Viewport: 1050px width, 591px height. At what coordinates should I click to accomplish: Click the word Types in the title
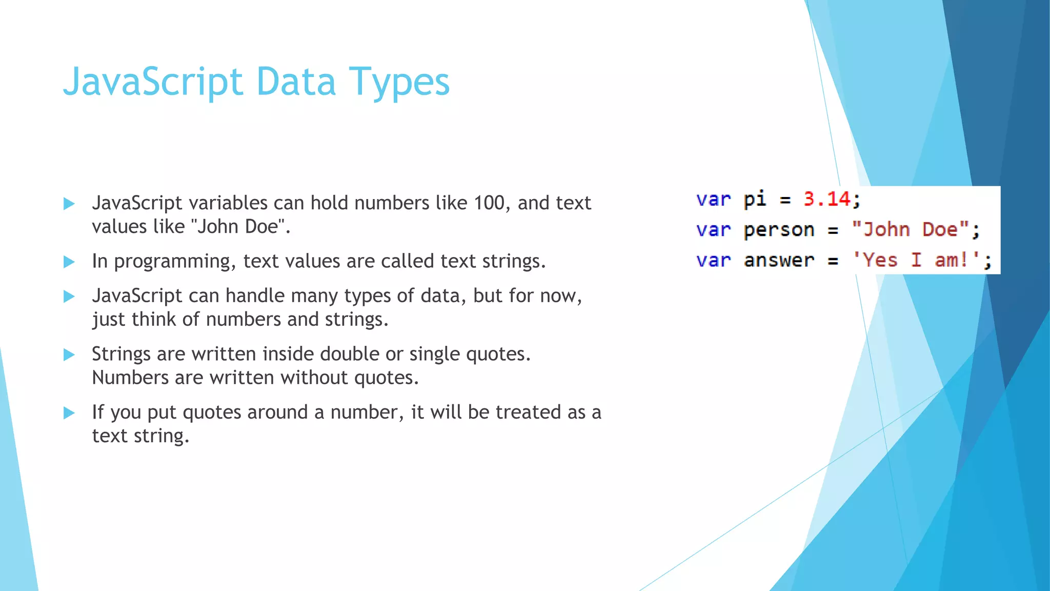click(x=399, y=82)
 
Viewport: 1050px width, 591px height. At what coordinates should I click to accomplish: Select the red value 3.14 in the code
click(x=826, y=199)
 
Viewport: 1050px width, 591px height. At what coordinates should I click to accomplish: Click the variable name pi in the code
click(x=755, y=199)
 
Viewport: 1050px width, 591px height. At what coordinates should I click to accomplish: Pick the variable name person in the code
click(x=779, y=230)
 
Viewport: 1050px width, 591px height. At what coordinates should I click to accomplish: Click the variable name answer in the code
click(x=779, y=261)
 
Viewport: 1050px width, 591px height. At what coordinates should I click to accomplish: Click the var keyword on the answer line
click(x=713, y=261)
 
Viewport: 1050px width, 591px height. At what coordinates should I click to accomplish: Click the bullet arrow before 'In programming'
click(x=69, y=262)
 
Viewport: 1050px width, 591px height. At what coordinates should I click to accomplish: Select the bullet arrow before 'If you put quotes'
click(x=69, y=413)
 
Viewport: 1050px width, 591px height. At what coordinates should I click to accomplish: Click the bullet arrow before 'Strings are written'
click(x=69, y=354)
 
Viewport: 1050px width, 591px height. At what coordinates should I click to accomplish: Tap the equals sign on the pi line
click(x=785, y=200)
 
